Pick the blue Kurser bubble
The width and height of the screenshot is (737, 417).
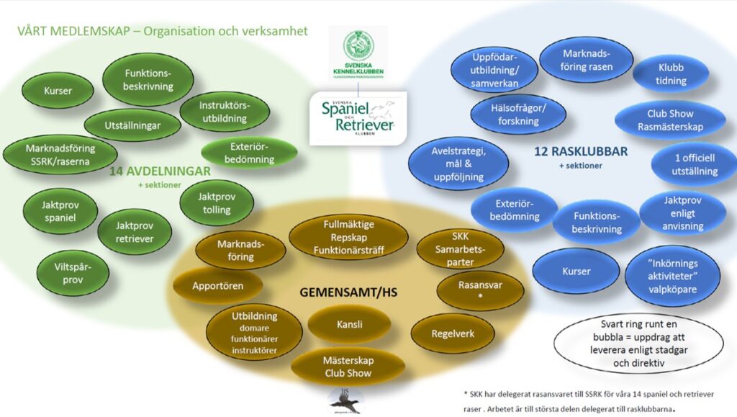[x=576, y=271]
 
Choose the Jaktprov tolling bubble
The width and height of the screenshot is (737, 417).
[x=216, y=202]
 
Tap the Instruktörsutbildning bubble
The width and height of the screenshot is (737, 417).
[x=223, y=112]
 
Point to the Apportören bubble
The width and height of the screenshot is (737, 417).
[x=217, y=286]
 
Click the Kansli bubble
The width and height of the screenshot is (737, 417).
[x=349, y=326]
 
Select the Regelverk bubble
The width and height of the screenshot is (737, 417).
[x=453, y=333]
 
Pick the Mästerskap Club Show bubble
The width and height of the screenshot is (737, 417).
[x=348, y=367]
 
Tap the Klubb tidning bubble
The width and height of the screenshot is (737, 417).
[x=670, y=73]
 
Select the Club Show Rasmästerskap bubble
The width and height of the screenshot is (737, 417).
[x=670, y=120]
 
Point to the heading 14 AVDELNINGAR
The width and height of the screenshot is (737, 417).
[x=159, y=171]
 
